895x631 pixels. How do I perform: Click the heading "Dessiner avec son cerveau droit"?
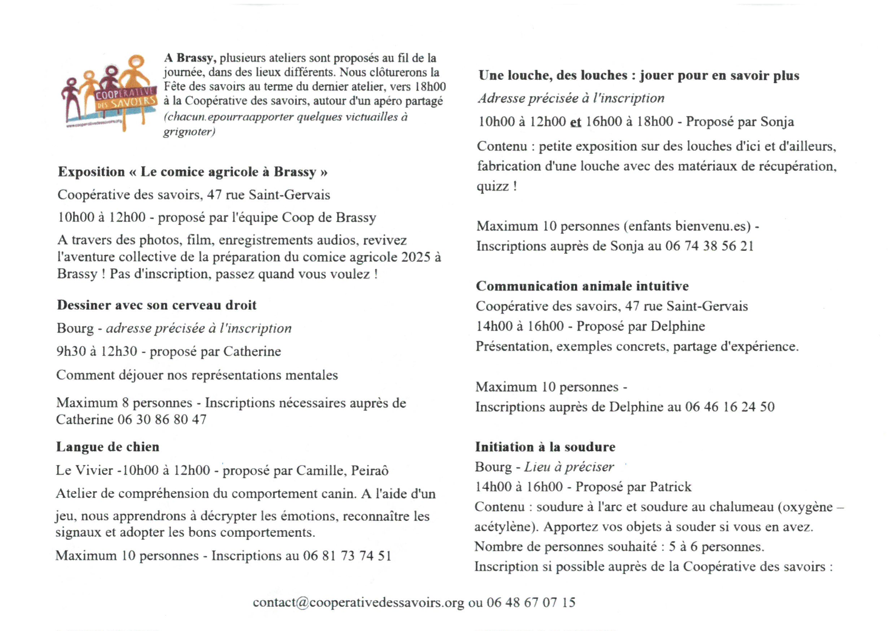click(157, 305)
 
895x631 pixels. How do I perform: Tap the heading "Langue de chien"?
click(108, 447)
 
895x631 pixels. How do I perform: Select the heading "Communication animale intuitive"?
click(582, 286)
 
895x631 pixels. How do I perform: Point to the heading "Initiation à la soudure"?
click(545, 447)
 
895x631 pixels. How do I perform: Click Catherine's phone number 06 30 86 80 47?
click(162, 420)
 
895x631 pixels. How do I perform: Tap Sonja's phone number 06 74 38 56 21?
click(709, 246)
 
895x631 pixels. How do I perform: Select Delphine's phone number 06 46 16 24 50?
click(730, 407)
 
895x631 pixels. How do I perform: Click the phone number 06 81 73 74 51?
click(347, 555)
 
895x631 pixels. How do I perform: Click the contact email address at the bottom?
click(358, 603)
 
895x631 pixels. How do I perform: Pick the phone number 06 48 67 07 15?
click(531, 603)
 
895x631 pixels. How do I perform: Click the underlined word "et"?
click(576, 122)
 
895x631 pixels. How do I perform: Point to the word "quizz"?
click(493, 187)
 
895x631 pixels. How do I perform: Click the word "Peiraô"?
click(370, 471)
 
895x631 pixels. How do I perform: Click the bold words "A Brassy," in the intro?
click(189, 58)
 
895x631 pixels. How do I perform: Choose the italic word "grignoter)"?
click(189, 132)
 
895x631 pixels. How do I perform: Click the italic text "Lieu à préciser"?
click(569, 467)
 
